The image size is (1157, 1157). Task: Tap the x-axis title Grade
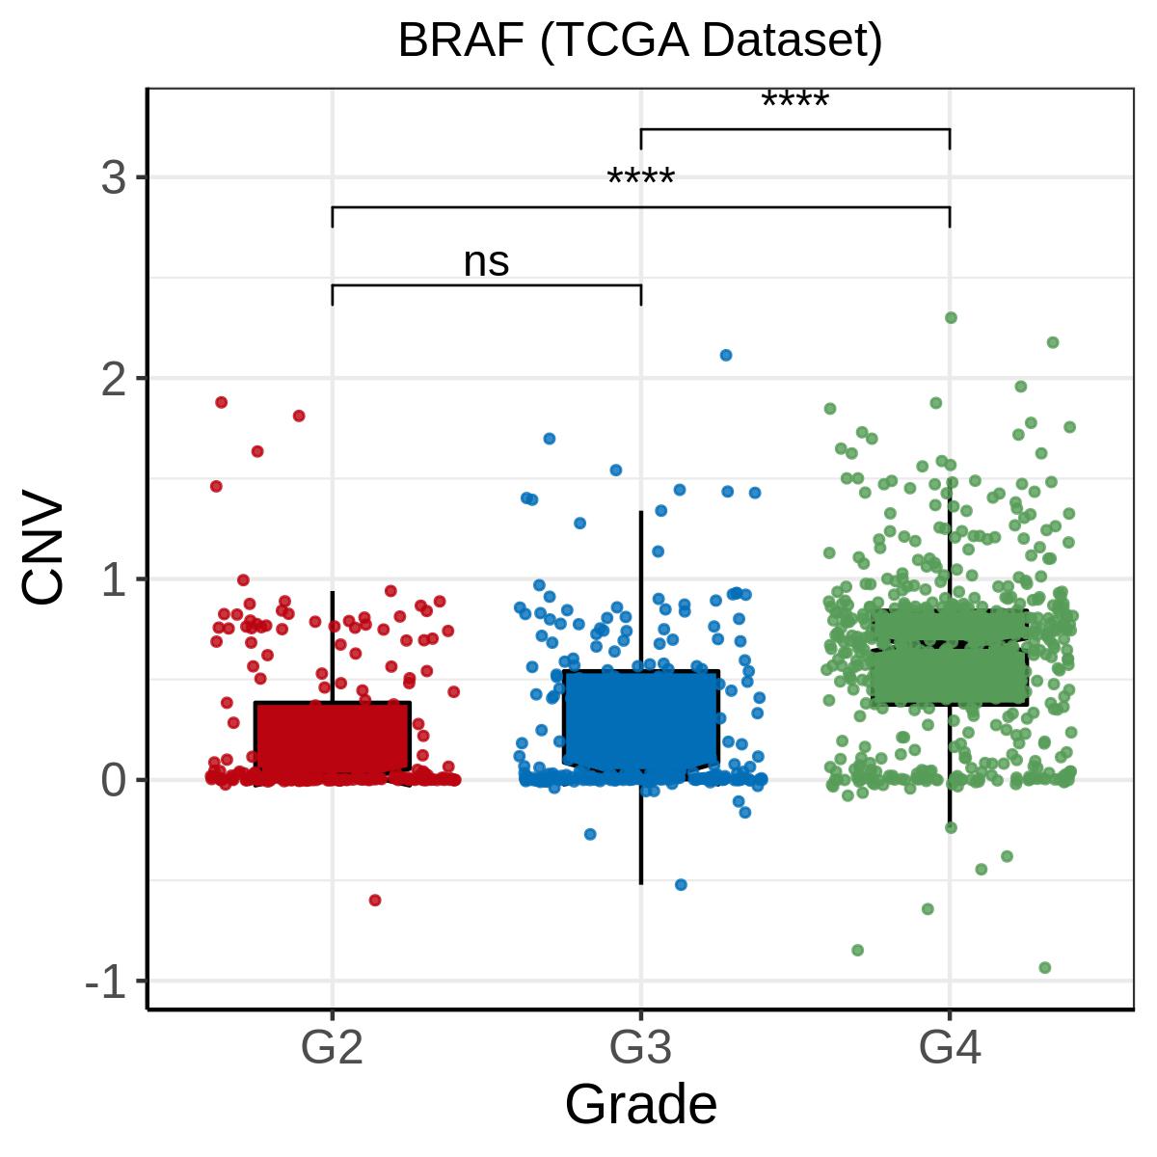pyautogui.click(x=640, y=1105)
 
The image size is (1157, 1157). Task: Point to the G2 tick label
pyautogui.click(x=332, y=1048)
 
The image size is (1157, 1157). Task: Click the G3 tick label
pyautogui.click(x=640, y=1048)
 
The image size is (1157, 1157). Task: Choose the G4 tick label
pyautogui.click(x=950, y=1048)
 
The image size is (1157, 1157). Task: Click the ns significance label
pyautogui.click(x=486, y=262)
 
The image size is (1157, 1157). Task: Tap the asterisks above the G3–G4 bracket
pyautogui.click(x=795, y=101)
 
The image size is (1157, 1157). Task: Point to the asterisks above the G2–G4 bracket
pyautogui.click(x=641, y=179)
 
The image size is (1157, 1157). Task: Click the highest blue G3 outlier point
pyautogui.click(x=726, y=355)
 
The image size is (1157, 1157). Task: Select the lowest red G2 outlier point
pyautogui.click(x=375, y=901)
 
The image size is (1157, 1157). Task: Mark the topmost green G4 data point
pyautogui.click(x=951, y=317)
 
